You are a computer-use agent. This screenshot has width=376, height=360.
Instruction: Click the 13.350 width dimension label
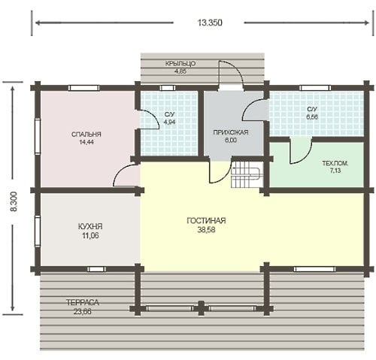[210, 23]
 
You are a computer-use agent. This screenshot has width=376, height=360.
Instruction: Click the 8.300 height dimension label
[14, 201]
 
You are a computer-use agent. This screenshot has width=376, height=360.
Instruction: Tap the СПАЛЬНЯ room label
[86, 135]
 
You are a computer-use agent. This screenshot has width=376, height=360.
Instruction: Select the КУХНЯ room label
[90, 226]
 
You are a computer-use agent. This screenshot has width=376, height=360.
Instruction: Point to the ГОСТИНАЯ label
[206, 221]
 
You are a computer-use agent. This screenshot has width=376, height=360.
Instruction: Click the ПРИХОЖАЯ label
[231, 132]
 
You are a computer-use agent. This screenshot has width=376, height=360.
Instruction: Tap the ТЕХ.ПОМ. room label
[335, 164]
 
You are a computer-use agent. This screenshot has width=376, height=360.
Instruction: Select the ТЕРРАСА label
[83, 303]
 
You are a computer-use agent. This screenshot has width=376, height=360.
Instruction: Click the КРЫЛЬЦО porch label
[180, 64]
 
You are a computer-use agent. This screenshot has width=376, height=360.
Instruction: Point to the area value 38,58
[206, 230]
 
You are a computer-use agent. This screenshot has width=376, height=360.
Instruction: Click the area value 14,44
[86, 142]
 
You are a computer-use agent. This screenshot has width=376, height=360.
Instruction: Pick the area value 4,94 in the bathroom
[169, 123]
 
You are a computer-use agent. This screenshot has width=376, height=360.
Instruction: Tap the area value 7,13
[335, 171]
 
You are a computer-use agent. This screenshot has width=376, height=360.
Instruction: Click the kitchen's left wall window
[38, 231]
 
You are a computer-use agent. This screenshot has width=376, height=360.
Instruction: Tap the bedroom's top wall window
[83, 88]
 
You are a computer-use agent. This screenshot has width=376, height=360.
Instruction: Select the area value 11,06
[90, 236]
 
